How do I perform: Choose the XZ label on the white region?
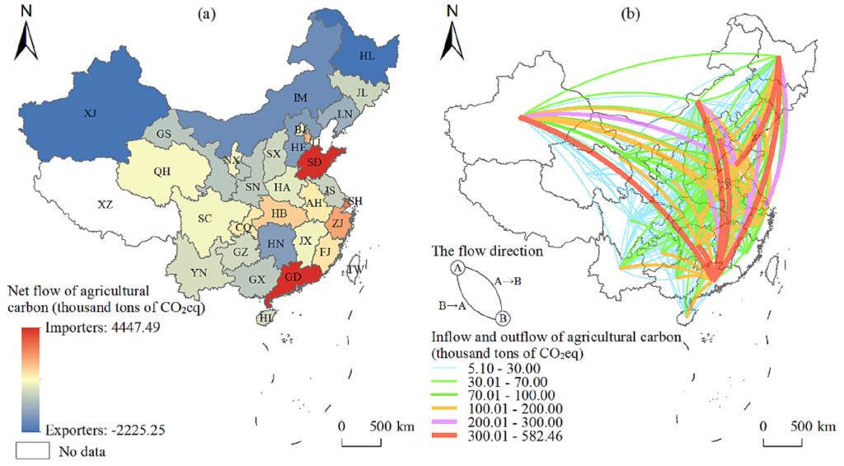tap(105, 204)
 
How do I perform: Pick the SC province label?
tap(206, 219)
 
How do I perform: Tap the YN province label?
tap(199, 271)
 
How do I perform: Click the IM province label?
tap(300, 98)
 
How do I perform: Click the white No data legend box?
tap(31, 451)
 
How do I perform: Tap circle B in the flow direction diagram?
tap(503, 317)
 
